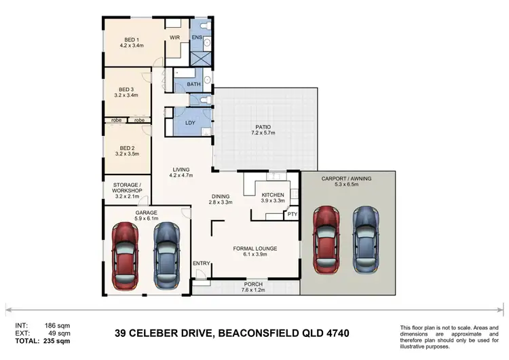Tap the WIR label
175,37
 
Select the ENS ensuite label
197,37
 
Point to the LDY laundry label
190,123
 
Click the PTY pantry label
292,215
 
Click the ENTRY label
202,264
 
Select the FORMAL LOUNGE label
254,249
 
